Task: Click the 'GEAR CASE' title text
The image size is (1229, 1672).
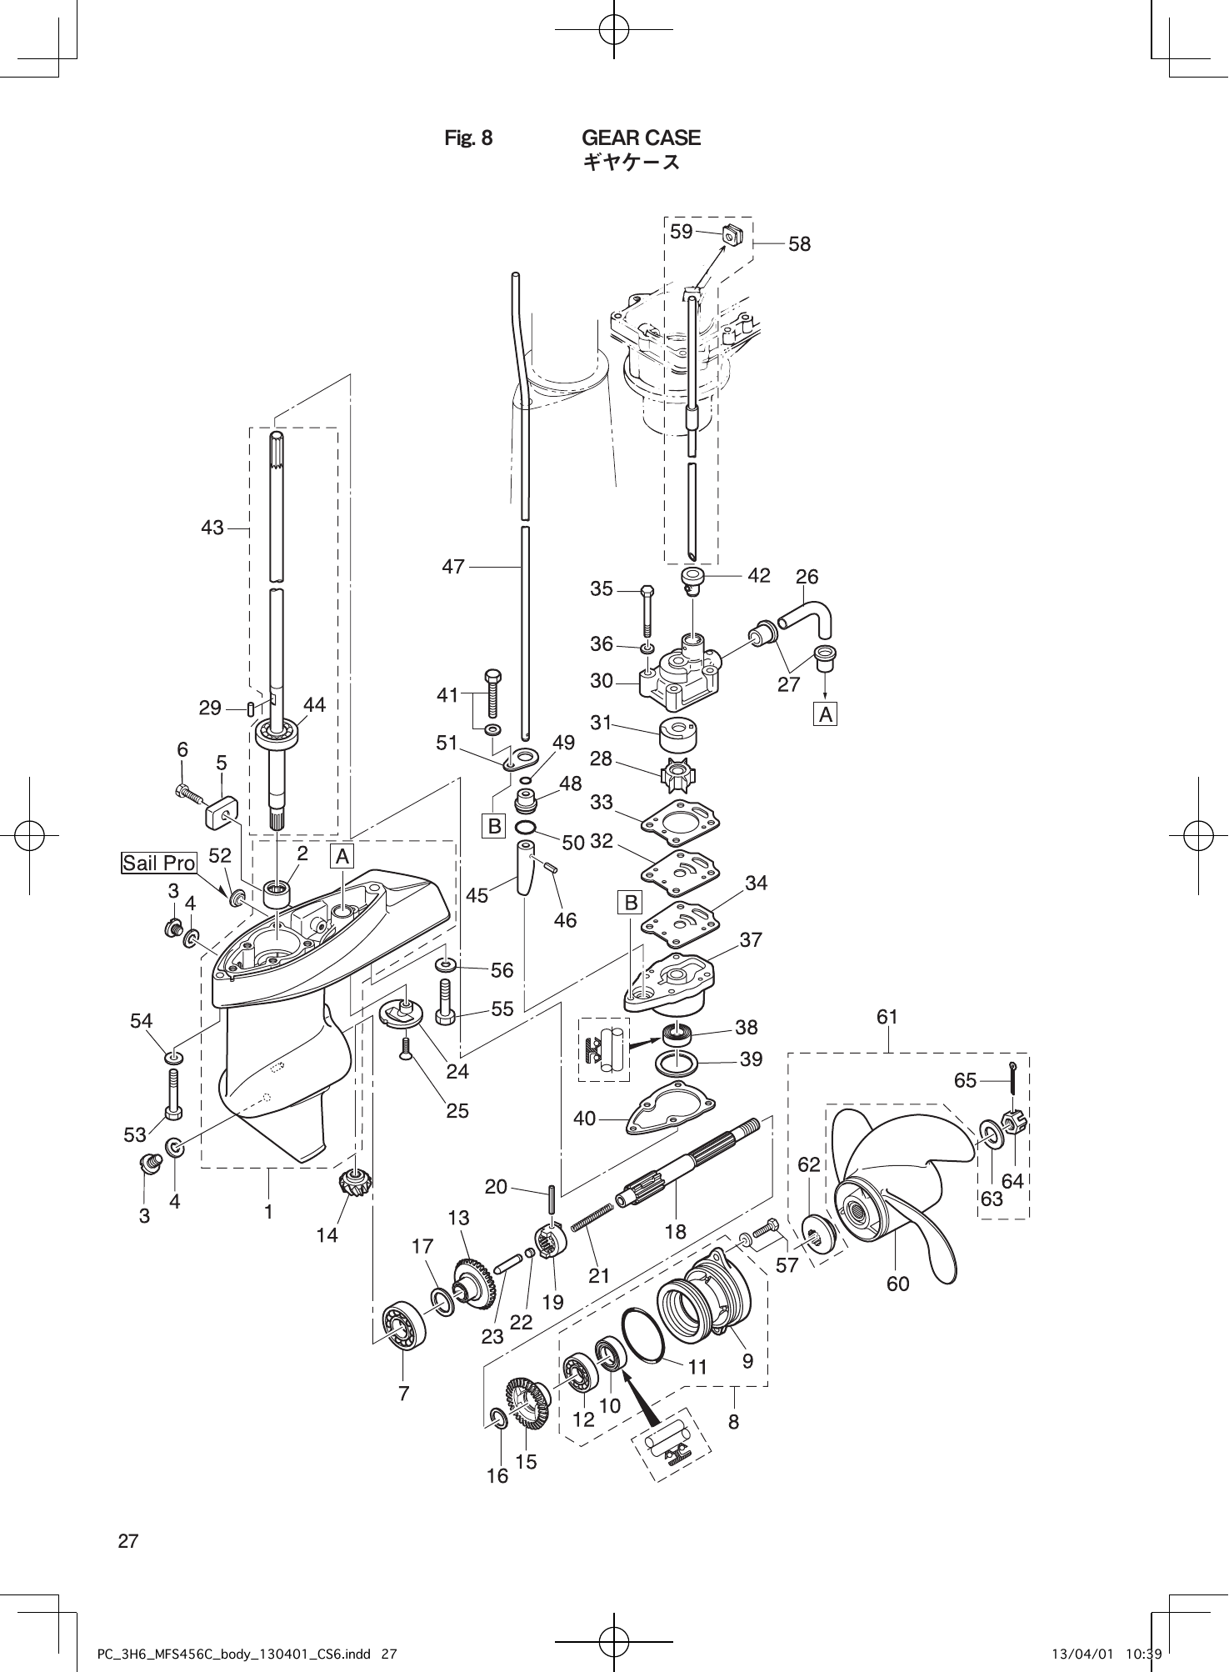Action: pos(641,138)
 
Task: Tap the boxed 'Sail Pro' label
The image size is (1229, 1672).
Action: pos(159,863)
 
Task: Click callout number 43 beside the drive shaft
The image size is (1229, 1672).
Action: pos(212,528)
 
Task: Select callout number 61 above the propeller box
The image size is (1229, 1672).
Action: pos(887,1017)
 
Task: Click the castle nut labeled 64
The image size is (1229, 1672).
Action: pos(1015,1124)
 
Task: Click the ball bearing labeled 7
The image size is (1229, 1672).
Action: pos(404,1323)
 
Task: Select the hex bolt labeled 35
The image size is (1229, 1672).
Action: pos(647,613)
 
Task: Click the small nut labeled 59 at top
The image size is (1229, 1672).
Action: pos(732,236)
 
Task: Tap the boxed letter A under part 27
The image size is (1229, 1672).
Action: pos(825,714)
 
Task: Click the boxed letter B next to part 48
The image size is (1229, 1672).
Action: pos(495,826)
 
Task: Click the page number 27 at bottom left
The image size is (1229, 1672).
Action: pos(128,1540)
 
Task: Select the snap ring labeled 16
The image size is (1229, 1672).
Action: pos(496,1418)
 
